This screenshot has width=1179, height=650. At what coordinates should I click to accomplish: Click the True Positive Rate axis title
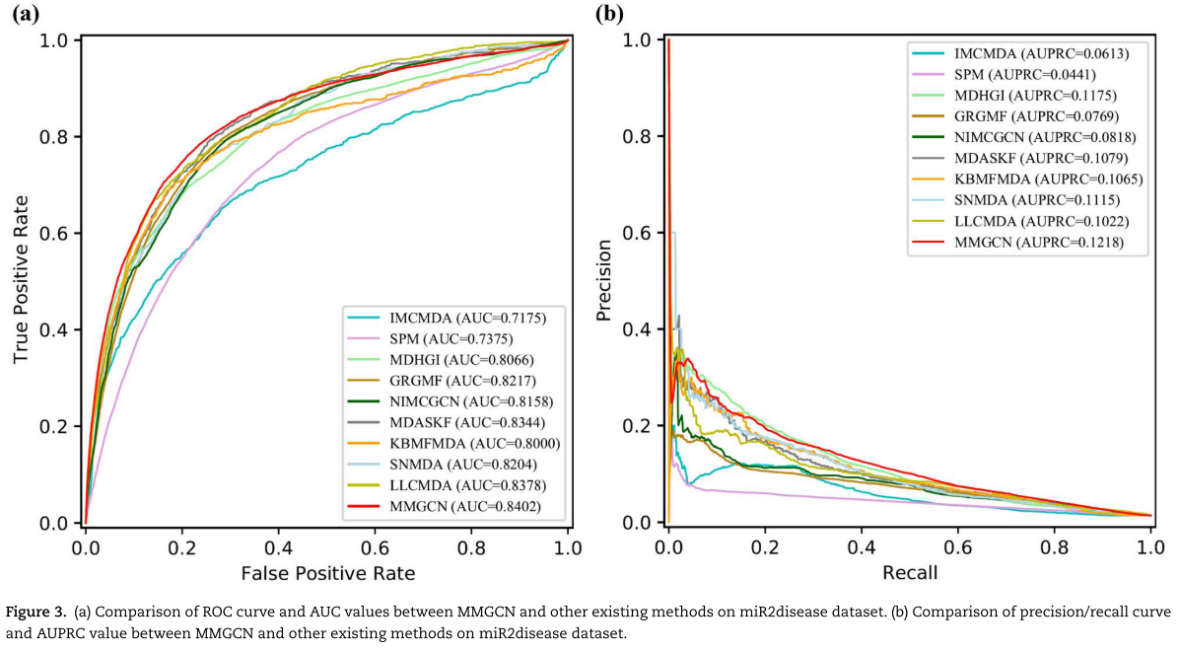(21, 280)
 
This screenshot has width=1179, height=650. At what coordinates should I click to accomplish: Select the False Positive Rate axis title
(327, 572)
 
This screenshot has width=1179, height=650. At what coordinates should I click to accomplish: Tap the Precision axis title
(604, 280)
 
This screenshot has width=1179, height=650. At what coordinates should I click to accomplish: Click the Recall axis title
(910, 572)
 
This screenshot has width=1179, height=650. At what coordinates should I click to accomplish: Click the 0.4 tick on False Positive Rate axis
(279, 544)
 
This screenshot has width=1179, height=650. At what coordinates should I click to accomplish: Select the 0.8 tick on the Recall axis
(1055, 544)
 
